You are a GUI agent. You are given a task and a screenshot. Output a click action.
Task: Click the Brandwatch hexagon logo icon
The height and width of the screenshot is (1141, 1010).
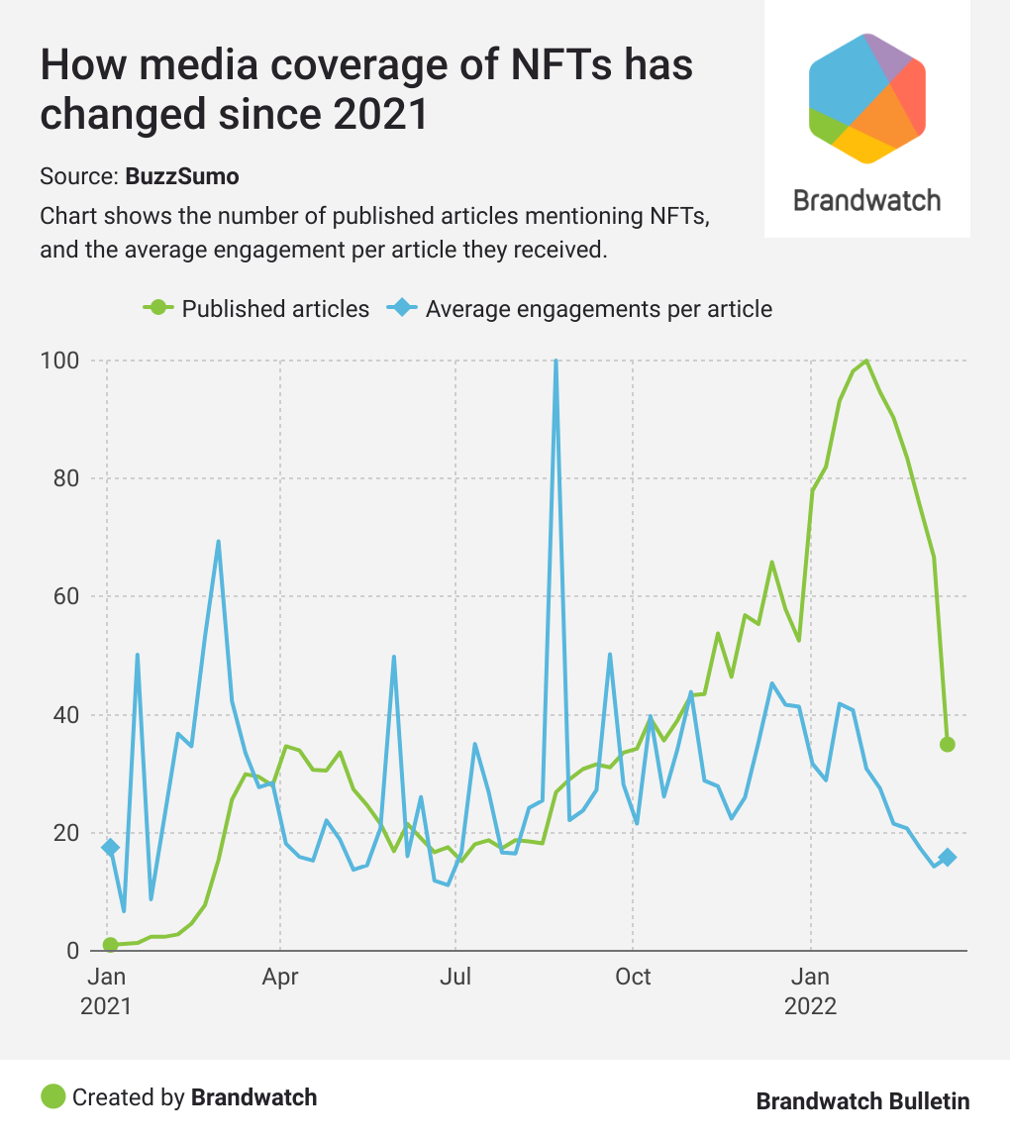click(x=867, y=97)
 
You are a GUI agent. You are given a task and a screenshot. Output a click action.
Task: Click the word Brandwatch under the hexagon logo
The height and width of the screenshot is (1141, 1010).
click(x=867, y=201)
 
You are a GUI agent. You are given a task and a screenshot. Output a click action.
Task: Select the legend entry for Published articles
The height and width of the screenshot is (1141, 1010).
click(x=257, y=308)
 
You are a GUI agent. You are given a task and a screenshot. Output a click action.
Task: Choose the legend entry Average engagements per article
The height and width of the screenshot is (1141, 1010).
click(x=585, y=308)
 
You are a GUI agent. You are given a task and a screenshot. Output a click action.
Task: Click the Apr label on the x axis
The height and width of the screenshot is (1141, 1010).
click(x=280, y=978)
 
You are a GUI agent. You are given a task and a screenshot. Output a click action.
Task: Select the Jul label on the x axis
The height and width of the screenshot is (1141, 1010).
click(x=455, y=978)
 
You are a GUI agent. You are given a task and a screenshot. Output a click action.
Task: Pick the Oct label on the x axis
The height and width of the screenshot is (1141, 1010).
click(x=633, y=978)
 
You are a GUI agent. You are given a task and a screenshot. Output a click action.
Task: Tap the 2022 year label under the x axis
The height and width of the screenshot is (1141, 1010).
click(x=810, y=1007)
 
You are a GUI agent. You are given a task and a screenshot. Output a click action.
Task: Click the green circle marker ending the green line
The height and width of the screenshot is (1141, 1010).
click(x=947, y=744)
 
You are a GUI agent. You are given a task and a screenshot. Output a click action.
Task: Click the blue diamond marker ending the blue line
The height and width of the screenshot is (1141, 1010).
click(x=947, y=858)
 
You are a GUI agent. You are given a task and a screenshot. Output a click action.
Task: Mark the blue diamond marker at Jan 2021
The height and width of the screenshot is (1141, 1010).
click(x=110, y=847)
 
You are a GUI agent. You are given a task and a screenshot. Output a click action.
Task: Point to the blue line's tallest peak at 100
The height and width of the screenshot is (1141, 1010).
click(x=555, y=363)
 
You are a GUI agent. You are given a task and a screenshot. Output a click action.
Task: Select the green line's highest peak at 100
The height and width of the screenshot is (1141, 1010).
click(x=866, y=361)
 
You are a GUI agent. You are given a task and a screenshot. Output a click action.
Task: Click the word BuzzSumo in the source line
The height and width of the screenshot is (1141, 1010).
click(x=182, y=177)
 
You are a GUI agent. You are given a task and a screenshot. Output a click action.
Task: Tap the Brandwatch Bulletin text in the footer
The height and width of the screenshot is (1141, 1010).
click(x=862, y=1100)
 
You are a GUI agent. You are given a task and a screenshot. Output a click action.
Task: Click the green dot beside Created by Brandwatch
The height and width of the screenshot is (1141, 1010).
click(x=52, y=1096)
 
